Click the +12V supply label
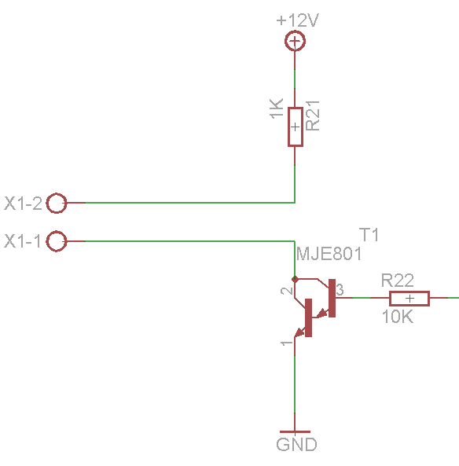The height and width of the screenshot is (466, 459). click(297, 20)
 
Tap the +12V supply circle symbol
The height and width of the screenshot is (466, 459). click(295, 34)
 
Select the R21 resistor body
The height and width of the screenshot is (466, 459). click(296, 127)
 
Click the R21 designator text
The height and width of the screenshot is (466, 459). click(313, 116)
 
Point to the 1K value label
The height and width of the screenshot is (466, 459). click(276, 108)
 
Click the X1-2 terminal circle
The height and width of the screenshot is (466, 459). click(56, 195)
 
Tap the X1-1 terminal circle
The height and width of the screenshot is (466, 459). click(56, 233)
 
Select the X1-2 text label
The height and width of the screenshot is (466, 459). click(23, 204)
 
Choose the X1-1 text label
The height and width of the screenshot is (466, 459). click(22, 241)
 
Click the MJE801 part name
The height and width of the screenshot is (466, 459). click(329, 254)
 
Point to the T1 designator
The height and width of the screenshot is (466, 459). click(369, 235)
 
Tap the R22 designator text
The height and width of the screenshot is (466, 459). click(398, 281)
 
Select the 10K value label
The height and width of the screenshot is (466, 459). click(398, 316)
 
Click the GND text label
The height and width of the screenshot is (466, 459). click(296, 445)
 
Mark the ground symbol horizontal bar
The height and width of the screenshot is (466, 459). click(295, 432)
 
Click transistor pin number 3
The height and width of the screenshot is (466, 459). click(340, 289)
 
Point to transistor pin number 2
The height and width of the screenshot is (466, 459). click(287, 290)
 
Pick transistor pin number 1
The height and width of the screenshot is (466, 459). click(287, 343)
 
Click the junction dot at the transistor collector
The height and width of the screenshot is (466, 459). click(295, 279)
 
